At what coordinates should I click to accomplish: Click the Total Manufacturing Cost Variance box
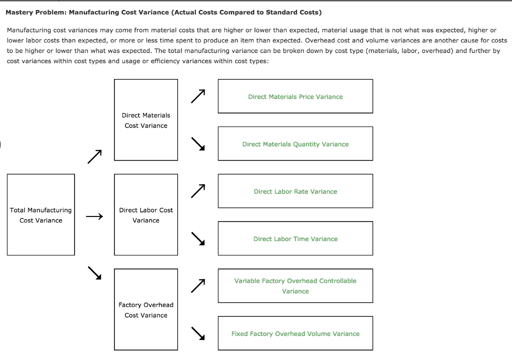[x=41, y=215]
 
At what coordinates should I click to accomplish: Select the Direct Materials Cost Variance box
[x=146, y=120]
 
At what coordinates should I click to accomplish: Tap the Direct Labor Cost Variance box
[x=146, y=215]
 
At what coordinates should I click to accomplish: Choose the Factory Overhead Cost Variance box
[x=146, y=310]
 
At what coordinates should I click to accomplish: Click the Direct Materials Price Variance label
[x=295, y=96]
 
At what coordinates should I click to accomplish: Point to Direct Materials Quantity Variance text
[x=295, y=144]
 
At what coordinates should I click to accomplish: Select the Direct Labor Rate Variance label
[x=295, y=191]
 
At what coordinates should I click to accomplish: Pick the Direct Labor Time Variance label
[x=295, y=239]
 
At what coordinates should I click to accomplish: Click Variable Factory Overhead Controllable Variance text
[x=295, y=286]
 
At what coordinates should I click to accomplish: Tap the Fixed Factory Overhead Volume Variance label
[x=295, y=333]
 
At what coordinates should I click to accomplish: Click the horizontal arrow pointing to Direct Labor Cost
[x=94, y=216]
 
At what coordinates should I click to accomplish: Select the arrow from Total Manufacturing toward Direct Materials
[x=94, y=156]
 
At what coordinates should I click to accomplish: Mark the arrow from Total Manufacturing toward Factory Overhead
[x=94, y=273]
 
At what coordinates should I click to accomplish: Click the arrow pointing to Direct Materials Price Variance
[x=198, y=96]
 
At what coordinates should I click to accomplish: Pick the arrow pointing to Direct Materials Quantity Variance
[x=198, y=143]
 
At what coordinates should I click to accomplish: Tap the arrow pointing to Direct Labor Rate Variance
[x=198, y=191]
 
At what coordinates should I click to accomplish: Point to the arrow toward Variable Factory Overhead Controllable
[x=198, y=285]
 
